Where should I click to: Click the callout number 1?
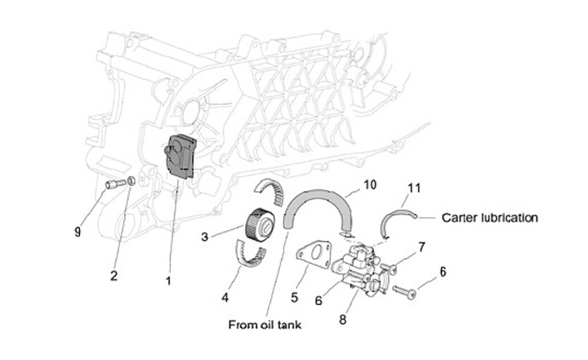pyautogui.click(x=168, y=281)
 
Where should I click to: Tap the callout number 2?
pyautogui.click(x=114, y=274)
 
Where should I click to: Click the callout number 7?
pyautogui.click(x=422, y=245)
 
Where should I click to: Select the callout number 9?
pyautogui.click(x=78, y=232)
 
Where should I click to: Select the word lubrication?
pyautogui.click(x=510, y=218)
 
